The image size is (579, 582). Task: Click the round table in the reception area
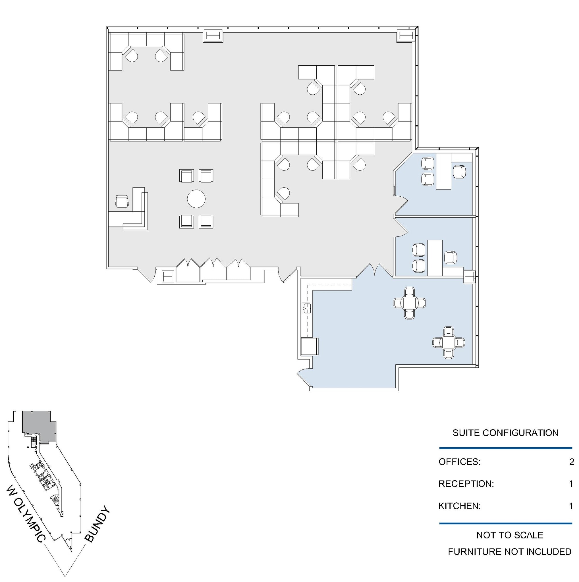pos(196,199)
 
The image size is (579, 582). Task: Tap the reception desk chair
pos(122,201)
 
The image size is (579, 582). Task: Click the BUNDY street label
pos(97,524)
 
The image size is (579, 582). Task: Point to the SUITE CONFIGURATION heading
pos(505,433)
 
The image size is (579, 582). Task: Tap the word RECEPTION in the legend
pos(466,484)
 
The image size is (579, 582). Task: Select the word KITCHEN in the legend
pos(459,506)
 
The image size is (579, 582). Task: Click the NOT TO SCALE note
pos(509,535)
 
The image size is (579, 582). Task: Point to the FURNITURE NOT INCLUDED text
pos(509,552)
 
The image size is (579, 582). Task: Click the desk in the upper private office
pos(443,171)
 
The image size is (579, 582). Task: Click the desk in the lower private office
pos(435,257)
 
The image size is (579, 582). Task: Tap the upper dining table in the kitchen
pos(409,303)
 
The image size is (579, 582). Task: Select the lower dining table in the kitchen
pos(449,342)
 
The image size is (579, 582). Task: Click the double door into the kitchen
pos(374,270)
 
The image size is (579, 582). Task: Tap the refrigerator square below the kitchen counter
pos(309,346)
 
